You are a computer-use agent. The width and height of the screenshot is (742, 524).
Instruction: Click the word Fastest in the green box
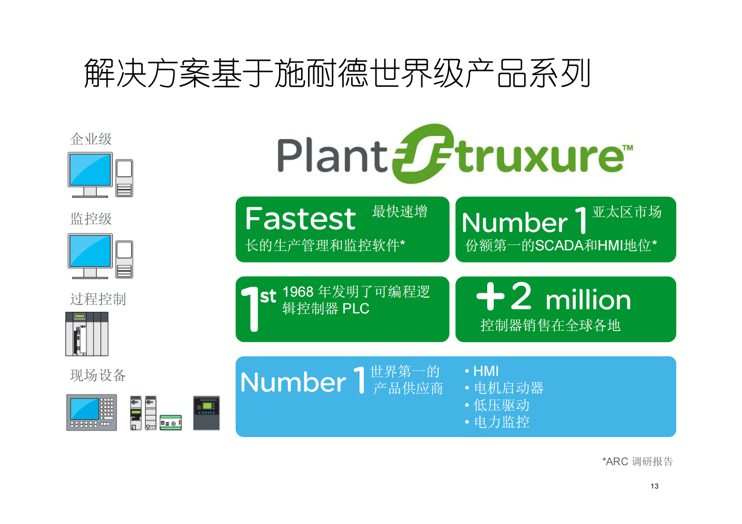(x=300, y=219)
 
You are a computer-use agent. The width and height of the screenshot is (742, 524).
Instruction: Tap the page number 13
(x=654, y=486)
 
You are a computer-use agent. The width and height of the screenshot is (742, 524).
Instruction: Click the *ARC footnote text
(x=637, y=461)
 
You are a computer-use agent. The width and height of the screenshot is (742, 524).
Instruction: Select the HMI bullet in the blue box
(x=485, y=371)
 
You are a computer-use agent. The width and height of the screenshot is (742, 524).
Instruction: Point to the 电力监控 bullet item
(x=501, y=422)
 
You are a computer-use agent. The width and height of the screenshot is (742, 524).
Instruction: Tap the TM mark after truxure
(x=628, y=148)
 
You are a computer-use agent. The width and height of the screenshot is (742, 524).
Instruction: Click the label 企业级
(x=91, y=139)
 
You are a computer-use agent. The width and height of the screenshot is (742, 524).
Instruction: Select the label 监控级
(x=91, y=219)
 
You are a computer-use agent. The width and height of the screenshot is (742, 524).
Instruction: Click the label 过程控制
(x=98, y=299)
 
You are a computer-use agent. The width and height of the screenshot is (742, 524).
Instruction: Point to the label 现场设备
(x=98, y=375)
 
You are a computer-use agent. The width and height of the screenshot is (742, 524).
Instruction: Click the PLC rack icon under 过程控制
(x=87, y=334)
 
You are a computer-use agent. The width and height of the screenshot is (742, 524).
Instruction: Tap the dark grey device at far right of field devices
(x=206, y=413)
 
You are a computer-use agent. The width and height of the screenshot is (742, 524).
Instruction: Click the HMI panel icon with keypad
(x=92, y=412)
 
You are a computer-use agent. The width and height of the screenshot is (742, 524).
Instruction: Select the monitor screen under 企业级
(x=90, y=170)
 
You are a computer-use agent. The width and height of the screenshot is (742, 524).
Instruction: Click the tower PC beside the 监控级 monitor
(x=124, y=259)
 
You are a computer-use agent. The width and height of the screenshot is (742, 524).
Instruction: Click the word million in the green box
(x=588, y=300)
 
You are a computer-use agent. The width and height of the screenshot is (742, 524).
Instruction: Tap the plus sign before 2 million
(x=490, y=296)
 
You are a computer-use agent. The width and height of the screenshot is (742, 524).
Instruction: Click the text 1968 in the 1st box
(x=298, y=292)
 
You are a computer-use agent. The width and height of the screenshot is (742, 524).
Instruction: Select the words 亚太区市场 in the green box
(x=627, y=212)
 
